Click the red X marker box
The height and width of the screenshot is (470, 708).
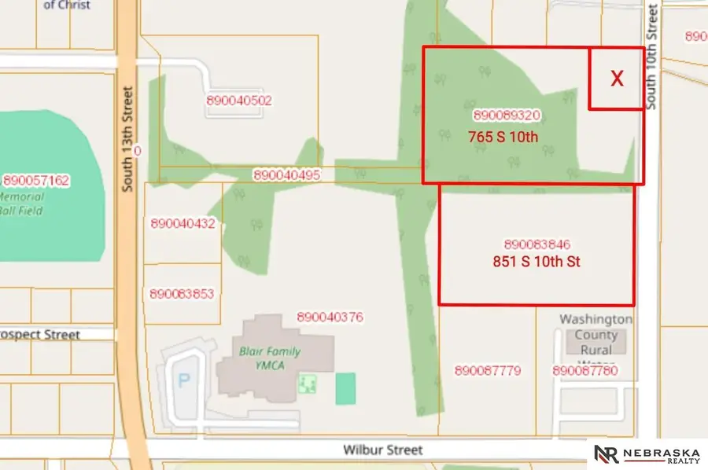(x=617, y=78)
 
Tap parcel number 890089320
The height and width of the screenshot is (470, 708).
(x=507, y=115)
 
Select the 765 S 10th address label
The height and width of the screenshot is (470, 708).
(x=503, y=136)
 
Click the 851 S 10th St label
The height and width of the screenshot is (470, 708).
(x=537, y=262)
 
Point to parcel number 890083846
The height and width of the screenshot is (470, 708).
(x=537, y=244)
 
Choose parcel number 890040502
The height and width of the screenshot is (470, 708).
(x=239, y=101)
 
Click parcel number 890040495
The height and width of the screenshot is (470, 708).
(x=286, y=175)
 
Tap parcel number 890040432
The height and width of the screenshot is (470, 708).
(x=183, y=224)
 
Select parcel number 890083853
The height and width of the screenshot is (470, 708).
(x=182, y=294)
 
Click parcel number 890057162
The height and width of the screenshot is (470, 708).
(x=36, y=181)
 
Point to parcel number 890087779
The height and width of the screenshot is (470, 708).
(x=488, y=370)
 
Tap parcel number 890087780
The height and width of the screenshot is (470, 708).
(x=585, y=370)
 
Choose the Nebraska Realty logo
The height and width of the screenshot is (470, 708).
(x=647, y=454)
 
